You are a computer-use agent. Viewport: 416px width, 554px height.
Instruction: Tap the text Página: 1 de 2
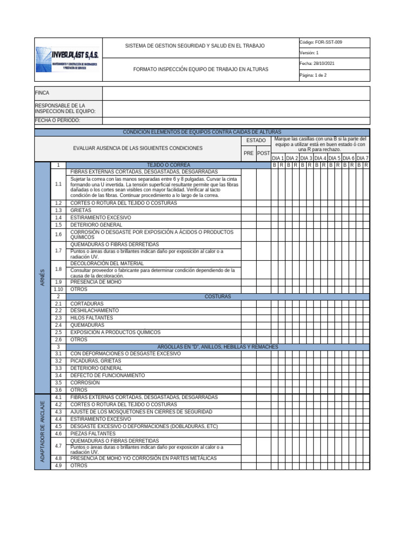tap(313, 75)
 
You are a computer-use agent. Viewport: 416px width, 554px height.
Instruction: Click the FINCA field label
tap(42, 93)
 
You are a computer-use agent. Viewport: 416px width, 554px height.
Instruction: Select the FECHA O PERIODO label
tap(57, 120)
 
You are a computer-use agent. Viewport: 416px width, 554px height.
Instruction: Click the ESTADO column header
tap(256, 141)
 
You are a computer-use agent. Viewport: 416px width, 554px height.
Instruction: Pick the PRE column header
tap(249, 153)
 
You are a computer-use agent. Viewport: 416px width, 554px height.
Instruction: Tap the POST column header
tap(264, 153)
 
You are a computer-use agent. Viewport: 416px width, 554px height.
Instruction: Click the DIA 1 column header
tap(278, 158)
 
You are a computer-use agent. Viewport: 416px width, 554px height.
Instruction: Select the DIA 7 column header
tap(362, 158)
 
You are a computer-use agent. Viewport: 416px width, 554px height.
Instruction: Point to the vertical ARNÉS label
tap(42, 280)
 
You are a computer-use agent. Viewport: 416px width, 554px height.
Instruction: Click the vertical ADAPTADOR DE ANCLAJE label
tap(42, 432)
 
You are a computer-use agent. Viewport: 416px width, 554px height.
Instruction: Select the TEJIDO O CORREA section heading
tap(168, 164)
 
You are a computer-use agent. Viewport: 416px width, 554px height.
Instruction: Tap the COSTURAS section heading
tap(218, 296)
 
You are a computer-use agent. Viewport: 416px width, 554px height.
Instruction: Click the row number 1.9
tap(58, 282)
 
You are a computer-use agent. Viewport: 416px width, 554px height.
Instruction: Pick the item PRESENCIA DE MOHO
tap(96, 282)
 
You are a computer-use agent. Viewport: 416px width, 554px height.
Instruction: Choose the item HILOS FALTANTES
tap(92, 318)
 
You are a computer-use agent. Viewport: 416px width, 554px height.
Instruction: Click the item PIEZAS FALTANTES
tap(93, 433)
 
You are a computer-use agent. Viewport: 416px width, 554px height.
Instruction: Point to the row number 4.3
tap(58, 412)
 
